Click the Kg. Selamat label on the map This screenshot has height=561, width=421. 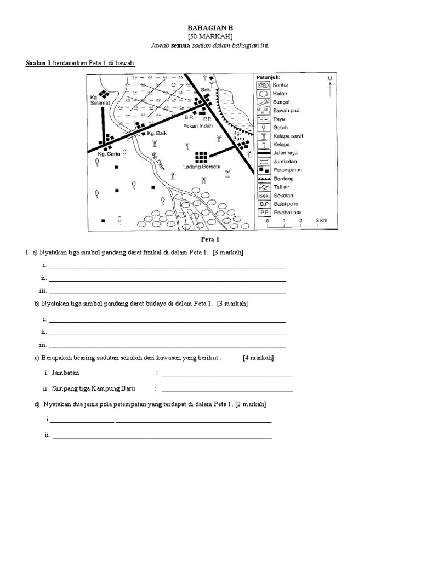coord(101,101)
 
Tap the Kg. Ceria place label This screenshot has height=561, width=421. coord(108,154)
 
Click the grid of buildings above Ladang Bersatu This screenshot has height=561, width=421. coord(202,156)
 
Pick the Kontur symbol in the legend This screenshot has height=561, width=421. coord(263,85)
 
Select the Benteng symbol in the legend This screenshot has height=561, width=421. coord(263,179)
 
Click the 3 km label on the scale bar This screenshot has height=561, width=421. coord(320,221)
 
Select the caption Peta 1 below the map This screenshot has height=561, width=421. coord(210,240)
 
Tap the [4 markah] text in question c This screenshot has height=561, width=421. coord(258,358)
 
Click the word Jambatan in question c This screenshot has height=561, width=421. coord(65,373)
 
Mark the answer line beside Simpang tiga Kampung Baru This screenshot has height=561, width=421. coord(227,392)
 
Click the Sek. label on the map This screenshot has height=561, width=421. coord(206,89)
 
